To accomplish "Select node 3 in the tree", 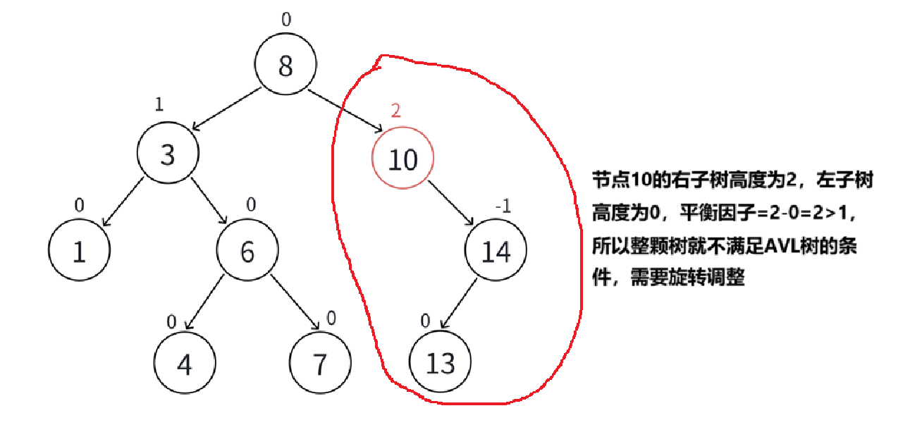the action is [x=167, y=154].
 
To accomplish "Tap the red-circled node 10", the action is [x=402, y=159].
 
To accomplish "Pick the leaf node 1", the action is [x=79, y=252].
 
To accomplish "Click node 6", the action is [x=247, y=252].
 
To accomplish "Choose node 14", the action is [x=496, y=252].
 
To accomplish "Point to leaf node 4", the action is [x=184, y=364].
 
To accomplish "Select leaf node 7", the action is [x=319, y=364].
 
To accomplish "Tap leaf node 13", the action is [x=440, y=364].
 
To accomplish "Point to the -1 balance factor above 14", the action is [x=502, y=206].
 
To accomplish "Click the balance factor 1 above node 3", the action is [x=159, y=104].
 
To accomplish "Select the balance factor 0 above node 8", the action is [x=285, y=19].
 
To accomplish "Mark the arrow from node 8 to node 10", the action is [x=345, y=111].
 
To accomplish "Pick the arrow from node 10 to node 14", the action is [x=451, y=203].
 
